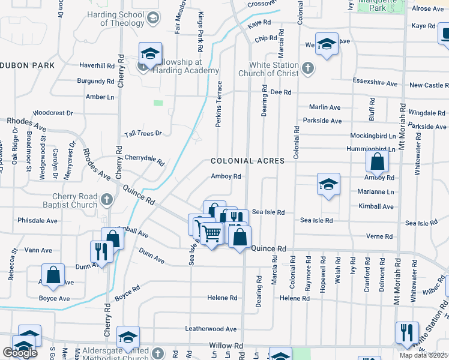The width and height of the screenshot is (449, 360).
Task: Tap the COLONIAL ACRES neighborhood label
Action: coord(247,161)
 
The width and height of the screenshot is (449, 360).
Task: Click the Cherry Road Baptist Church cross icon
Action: coord(106,199)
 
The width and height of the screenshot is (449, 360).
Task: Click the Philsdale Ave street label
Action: coord(37,221)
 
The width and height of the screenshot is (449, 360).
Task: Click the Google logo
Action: coord(20,353)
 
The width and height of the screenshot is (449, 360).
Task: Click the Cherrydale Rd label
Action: coord(144,159)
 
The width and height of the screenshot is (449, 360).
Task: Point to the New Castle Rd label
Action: coord(426,86)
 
